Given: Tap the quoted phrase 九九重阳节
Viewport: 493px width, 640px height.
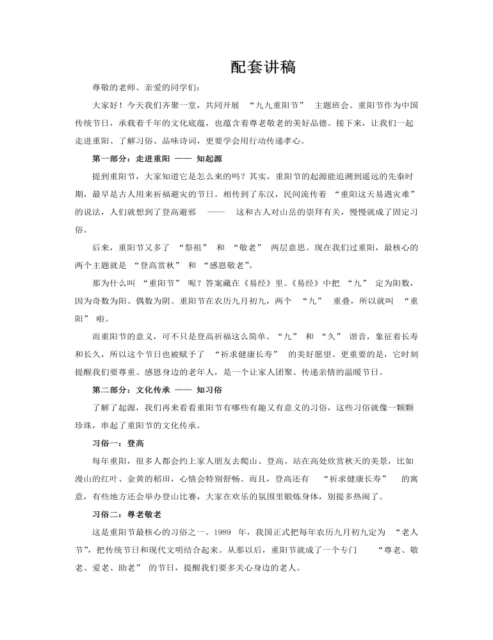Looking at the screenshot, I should pyautogui.click(x=281, y=104).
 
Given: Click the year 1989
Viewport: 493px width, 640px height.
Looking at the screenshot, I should pyautogui.click(x=222, y=532).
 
